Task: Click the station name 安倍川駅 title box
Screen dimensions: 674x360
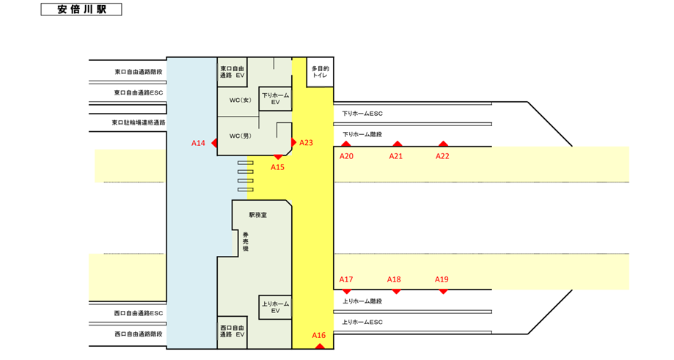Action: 81,10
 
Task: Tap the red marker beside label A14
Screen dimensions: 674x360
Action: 214,143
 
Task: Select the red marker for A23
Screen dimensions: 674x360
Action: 294,142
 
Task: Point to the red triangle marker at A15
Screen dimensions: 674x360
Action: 278,157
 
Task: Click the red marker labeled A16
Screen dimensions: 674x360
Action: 319,346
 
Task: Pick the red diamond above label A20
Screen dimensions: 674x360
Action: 346,144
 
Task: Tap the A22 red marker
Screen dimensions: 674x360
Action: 443,144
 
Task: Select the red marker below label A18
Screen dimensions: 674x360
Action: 396,292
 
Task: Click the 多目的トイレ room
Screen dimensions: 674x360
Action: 320,72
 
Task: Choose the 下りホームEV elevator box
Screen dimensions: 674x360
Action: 275,99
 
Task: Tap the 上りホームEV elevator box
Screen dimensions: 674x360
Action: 275,307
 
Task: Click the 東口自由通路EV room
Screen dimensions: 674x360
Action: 232,72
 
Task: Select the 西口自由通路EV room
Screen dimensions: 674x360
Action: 232,331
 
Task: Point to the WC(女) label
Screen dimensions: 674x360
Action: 241,100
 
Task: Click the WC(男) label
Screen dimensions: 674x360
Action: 241,136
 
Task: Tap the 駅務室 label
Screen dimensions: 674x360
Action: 258,215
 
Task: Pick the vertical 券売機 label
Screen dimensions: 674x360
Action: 246,242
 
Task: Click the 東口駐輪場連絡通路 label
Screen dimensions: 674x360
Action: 139,122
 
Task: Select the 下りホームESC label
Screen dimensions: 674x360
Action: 362,114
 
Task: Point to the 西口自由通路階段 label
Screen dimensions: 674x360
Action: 139,334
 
